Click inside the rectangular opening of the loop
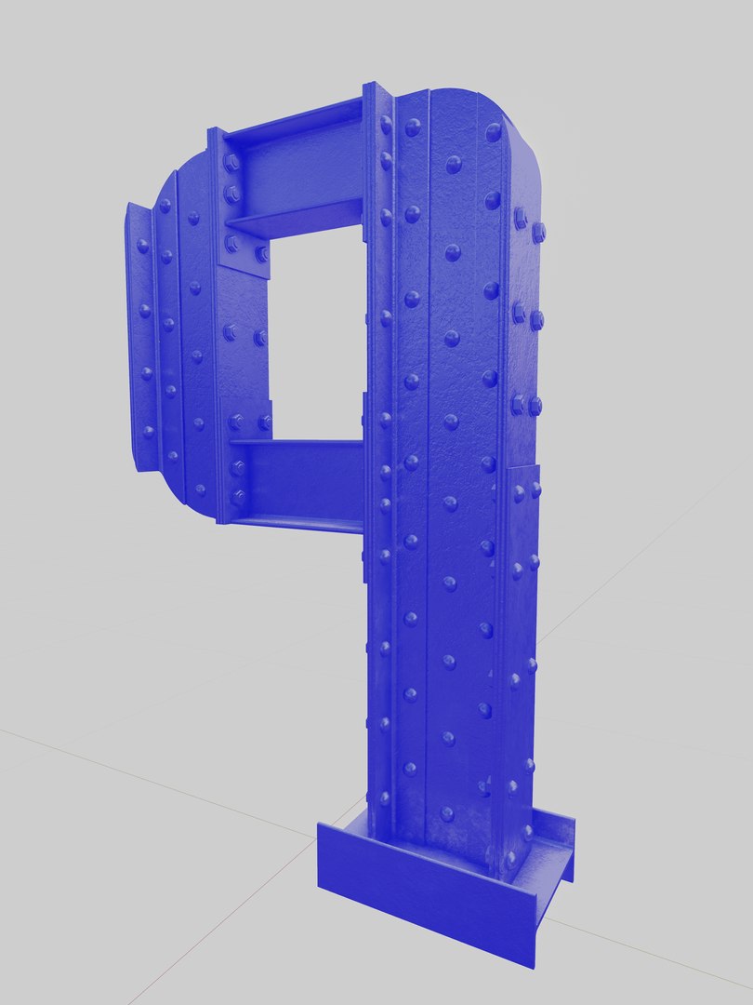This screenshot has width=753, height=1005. [316, 335]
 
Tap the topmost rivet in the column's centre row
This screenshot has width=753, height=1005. [454, 165]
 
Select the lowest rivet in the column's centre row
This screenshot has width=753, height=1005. [446, 813]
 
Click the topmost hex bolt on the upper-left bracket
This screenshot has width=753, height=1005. [231, 162]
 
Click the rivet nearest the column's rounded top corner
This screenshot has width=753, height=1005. [493, 132]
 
